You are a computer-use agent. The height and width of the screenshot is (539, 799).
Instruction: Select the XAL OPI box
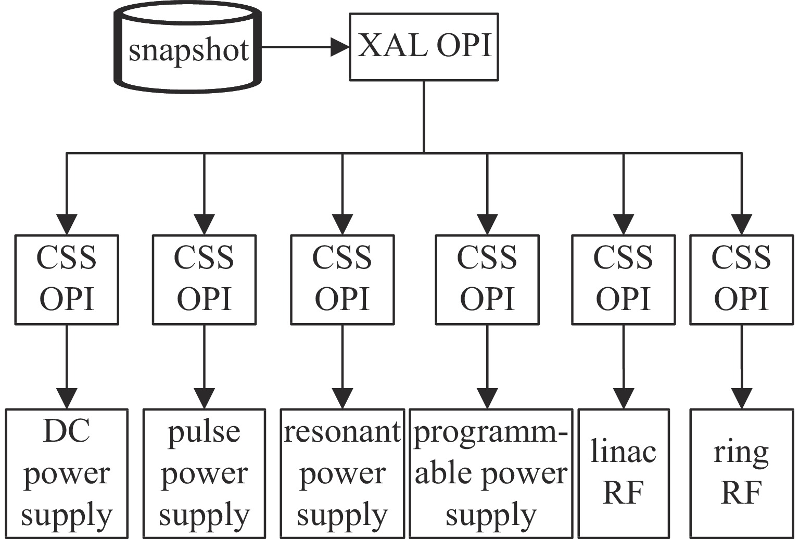click(424, 47)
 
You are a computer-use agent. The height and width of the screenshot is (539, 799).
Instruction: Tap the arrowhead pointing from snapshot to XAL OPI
click(340, 47)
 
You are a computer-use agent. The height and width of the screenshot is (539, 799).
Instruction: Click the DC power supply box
click(67, 473)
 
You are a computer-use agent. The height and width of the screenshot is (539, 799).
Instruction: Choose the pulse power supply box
click(204, 473)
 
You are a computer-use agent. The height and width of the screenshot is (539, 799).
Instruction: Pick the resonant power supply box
click(343, 473)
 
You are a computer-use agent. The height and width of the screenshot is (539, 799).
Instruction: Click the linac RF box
click(624, 473)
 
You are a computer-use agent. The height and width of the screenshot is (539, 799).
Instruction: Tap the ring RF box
click(741, 473)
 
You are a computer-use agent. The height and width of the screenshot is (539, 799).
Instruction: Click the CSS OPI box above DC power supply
click(67, 279)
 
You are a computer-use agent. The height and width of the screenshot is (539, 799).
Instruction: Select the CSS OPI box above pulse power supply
click(204, 279)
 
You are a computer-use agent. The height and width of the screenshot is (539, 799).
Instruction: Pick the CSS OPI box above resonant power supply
click(343, 279)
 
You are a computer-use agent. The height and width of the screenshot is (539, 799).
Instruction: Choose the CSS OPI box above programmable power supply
click(487, 279)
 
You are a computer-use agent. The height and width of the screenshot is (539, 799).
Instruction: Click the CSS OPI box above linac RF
click(624, 279)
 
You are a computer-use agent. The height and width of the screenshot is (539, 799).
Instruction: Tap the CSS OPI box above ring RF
click(741, 279)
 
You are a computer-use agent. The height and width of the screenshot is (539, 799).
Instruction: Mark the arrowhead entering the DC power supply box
click(67, 399)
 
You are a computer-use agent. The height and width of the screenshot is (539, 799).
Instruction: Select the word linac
click(624, 452)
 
